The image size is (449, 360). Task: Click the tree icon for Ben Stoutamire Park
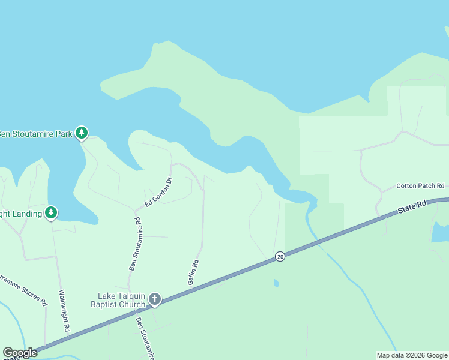pos(82,133)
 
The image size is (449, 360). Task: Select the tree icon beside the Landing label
pos(51,212)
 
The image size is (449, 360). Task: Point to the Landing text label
pos(21,213)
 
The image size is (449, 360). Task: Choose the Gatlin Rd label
pos(193,272)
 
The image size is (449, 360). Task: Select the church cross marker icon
pos(154,299)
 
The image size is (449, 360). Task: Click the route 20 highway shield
pos(280,256)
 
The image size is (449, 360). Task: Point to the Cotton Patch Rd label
pos(420,186)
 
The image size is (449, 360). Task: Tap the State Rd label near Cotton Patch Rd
pos(412,208)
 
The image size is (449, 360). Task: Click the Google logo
pos(20,353)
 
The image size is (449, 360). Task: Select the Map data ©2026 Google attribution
pos(412,355)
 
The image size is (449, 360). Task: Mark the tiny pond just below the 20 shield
pos(276,283)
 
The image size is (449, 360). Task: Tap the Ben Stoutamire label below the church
pos(146,339)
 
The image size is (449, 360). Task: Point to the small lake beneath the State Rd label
pos(441,231)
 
